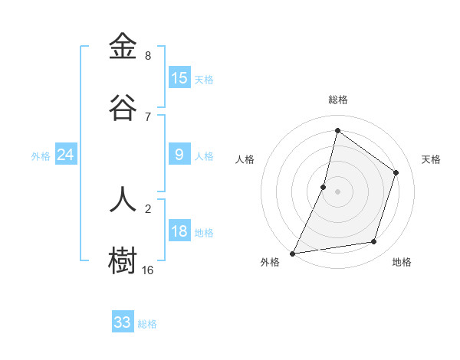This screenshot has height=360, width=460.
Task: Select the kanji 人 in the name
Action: [x=123, y=198]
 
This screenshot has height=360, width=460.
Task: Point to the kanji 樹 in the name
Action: [x=123, y=260]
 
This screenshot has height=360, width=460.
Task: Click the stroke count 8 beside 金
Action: [x=148, y=56]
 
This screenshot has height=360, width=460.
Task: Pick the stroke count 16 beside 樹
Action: [x=148, y=270]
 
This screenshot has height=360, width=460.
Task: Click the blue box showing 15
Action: [x=179, y=78]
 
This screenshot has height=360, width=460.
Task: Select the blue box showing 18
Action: [x=179, y=232]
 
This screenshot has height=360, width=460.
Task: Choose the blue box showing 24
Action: [x=66, y=155]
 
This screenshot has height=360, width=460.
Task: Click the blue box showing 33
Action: [x=123, y=322]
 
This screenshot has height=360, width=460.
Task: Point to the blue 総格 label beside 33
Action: [x=147, y=324]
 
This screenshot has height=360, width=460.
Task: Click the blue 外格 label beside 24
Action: [x=41, y=156]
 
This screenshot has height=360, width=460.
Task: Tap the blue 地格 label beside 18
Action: [x=204, y=233]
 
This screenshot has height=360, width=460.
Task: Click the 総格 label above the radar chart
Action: [x=338, y=100]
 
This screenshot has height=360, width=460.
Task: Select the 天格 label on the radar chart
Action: [x=431, y=159]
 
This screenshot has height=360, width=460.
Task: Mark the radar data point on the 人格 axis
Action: [x=324, y=187]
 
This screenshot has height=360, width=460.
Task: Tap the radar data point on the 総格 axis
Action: [x=337, y=131]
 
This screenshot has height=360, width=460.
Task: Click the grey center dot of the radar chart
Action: [x=337, y=191]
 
